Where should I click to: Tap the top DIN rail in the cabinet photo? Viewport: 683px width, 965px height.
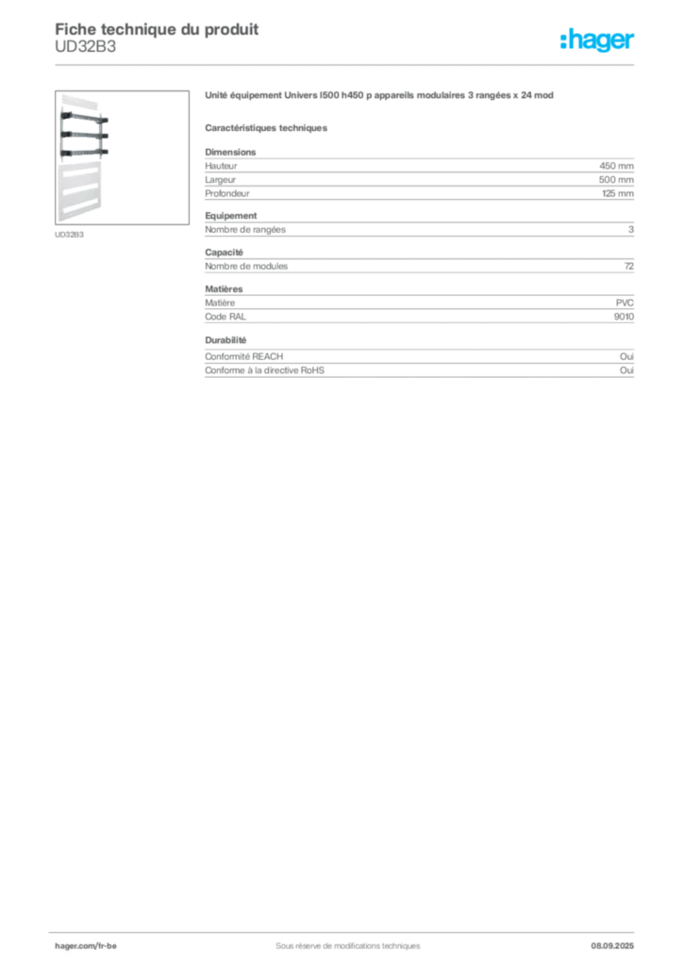pyautogui.click(x=85, y=120)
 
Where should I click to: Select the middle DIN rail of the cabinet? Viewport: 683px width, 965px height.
pyautogui.click(x=85, y=135)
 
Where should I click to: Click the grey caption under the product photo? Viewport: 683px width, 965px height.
pyautogui.click(x=72, y=235)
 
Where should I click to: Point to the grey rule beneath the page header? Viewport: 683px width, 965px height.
pyautogui.click(x=346, y=64)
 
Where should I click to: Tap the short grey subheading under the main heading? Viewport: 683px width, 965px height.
pyautogui.click(x=268, y=127)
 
